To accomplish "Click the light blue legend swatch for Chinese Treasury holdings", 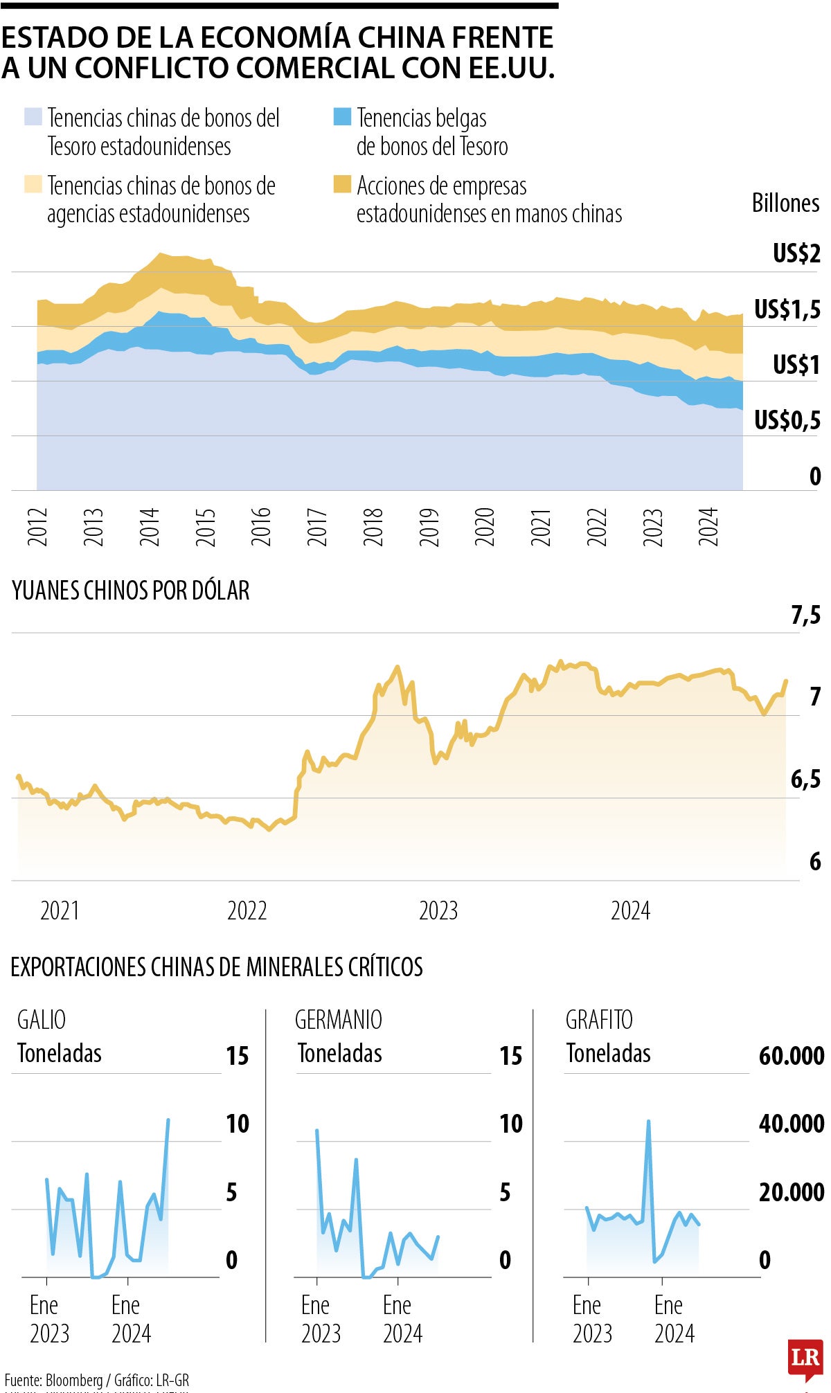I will (33, 116).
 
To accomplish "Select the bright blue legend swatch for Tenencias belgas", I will (342, 116).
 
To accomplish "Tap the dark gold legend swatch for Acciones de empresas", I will (342, 184).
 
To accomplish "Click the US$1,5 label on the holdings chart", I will (787, 309).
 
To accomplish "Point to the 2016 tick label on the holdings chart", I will (261, 527).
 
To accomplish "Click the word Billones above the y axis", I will (785, 204).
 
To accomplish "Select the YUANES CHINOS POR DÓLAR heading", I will (131, 591).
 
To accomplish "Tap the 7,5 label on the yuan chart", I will (805, 615).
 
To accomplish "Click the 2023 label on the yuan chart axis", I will (438, 910).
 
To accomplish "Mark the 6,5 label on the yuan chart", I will (805, 780).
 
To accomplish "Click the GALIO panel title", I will (42, 1020).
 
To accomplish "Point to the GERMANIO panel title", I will (338, 1020).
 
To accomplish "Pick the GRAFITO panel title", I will (599, 1020).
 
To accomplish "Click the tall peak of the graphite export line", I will (648, 1122).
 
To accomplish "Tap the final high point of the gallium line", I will (168, 1120).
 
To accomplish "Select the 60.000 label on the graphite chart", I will (791, 1057).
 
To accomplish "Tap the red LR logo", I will (805, 1358).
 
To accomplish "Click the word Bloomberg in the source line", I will (74, 1381).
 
